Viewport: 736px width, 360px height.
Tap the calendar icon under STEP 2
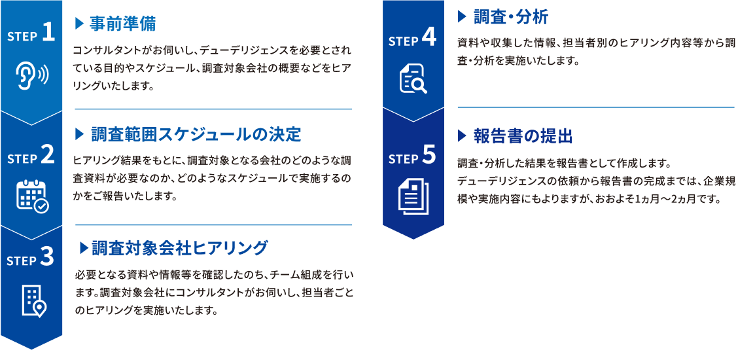[x=32, y=194]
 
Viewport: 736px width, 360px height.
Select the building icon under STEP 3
[x=34, y=300]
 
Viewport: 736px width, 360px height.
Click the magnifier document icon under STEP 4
[x=413, y=79]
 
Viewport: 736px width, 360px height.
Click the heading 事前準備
[x=122, y=24]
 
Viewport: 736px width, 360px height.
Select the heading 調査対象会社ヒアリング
[x=179, y=247]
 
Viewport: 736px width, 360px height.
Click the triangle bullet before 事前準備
[x=79, y=24]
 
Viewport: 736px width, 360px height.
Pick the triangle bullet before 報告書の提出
[x=462, y=136]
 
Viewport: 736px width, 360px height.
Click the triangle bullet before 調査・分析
[x=462, y=18]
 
